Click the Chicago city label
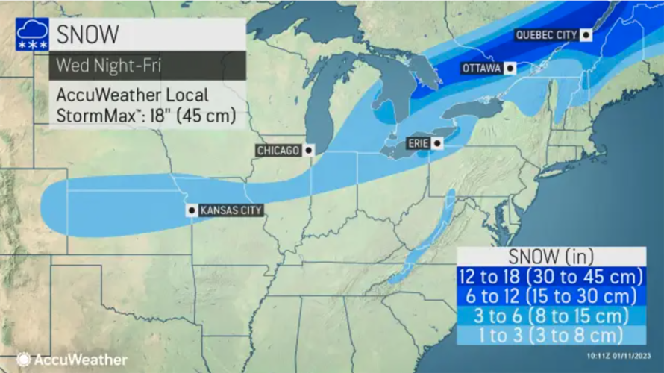(x=278, y=151)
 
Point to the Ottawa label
(x=480, y=68)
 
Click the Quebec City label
(x=547, y=35)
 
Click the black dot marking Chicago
(x=308, y=151)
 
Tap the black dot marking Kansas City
(x=192, y=210)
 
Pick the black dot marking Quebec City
(x=587, y=34)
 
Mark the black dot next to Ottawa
(x=510, y=68)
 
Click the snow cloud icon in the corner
(x=32, y=35)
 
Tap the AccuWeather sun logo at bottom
(x=23, y=359)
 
